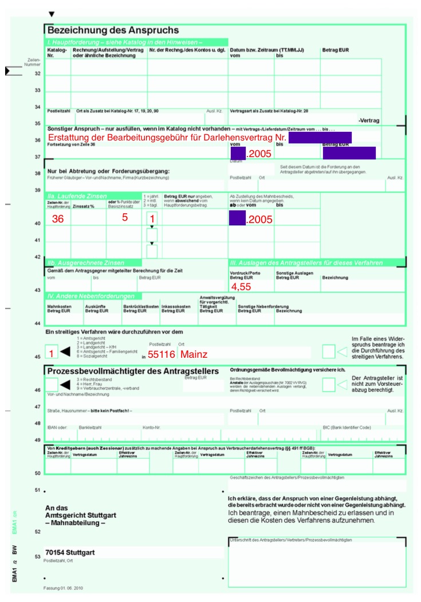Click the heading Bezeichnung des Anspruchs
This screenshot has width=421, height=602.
pos(113,30)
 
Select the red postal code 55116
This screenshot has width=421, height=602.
pos(161,354)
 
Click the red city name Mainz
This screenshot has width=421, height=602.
pos(194,354)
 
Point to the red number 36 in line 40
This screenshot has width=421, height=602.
pos(58,219)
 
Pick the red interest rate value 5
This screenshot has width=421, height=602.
pos(124,218)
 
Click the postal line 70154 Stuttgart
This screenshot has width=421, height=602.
pos(70,553)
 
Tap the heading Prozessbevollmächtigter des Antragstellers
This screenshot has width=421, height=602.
pos(133,372)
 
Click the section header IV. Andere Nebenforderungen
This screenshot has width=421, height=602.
pos(91,296)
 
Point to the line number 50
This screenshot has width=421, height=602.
pos(38,473)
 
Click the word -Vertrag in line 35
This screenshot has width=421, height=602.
pos(369,120)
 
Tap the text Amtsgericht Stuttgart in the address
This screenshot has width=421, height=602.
pos(80,515)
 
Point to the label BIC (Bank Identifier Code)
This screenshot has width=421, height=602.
pos(347,427)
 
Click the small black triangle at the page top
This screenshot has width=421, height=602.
pos(52,14)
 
